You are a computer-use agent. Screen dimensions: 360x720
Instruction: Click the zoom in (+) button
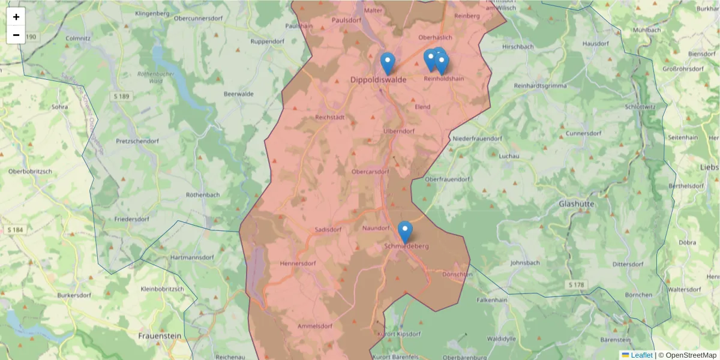click(x=16, y=17)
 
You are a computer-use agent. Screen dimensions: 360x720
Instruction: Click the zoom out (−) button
click(x=16, y=35)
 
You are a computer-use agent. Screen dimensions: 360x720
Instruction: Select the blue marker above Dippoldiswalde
click(x=388, y=63)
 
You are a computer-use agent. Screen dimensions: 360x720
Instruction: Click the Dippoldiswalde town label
click(x=378, y=79)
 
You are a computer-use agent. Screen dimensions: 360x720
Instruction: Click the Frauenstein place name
click(x=160, y=336)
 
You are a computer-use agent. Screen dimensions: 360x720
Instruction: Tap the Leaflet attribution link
click(x=641, y=355)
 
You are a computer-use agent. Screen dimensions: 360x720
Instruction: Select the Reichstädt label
click(x=330, y=118)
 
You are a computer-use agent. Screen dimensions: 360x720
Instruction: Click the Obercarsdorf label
click(x=374, y=172)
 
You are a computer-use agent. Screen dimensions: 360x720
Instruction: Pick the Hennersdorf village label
click(x=298, y=263)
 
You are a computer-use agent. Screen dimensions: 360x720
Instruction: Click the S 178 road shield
click(x=575, y=284)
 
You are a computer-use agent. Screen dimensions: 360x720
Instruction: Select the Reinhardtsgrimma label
click(x=540, y=86)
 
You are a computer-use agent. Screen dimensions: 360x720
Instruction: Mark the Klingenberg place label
click(x=153, y=13)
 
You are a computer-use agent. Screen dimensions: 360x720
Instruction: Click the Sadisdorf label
click(x=328, y=229)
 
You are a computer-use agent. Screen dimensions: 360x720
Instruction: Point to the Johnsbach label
click(x=525, y=263)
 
